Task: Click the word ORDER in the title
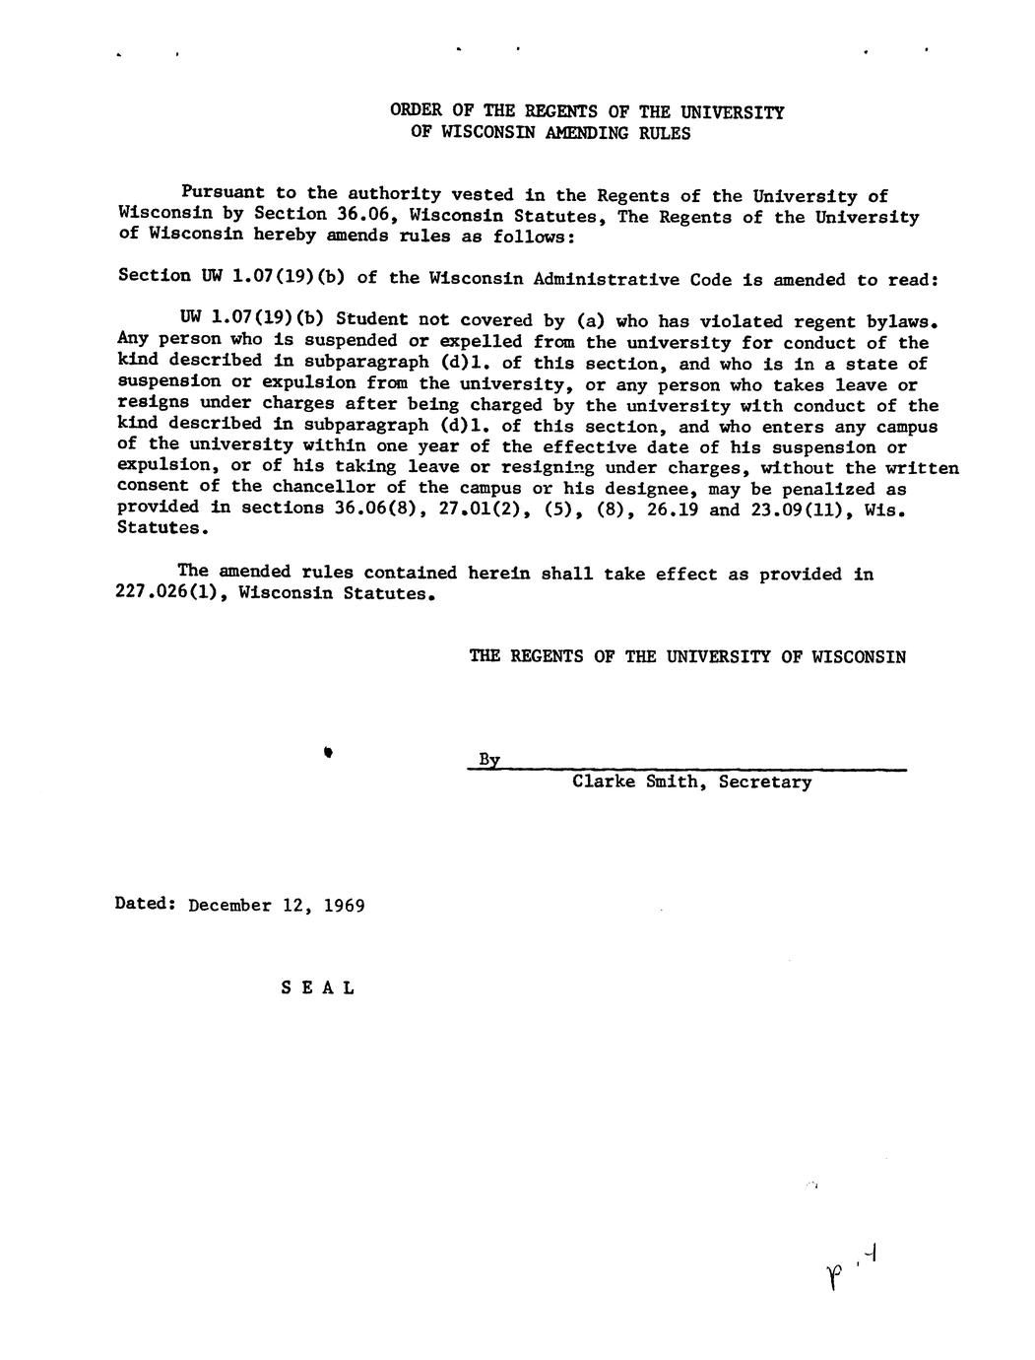tap(416, 111)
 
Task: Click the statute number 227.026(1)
tap(173, 593)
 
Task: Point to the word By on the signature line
tap(488, 759)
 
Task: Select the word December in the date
tap(228, 905)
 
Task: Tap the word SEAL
tap(317, 986)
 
